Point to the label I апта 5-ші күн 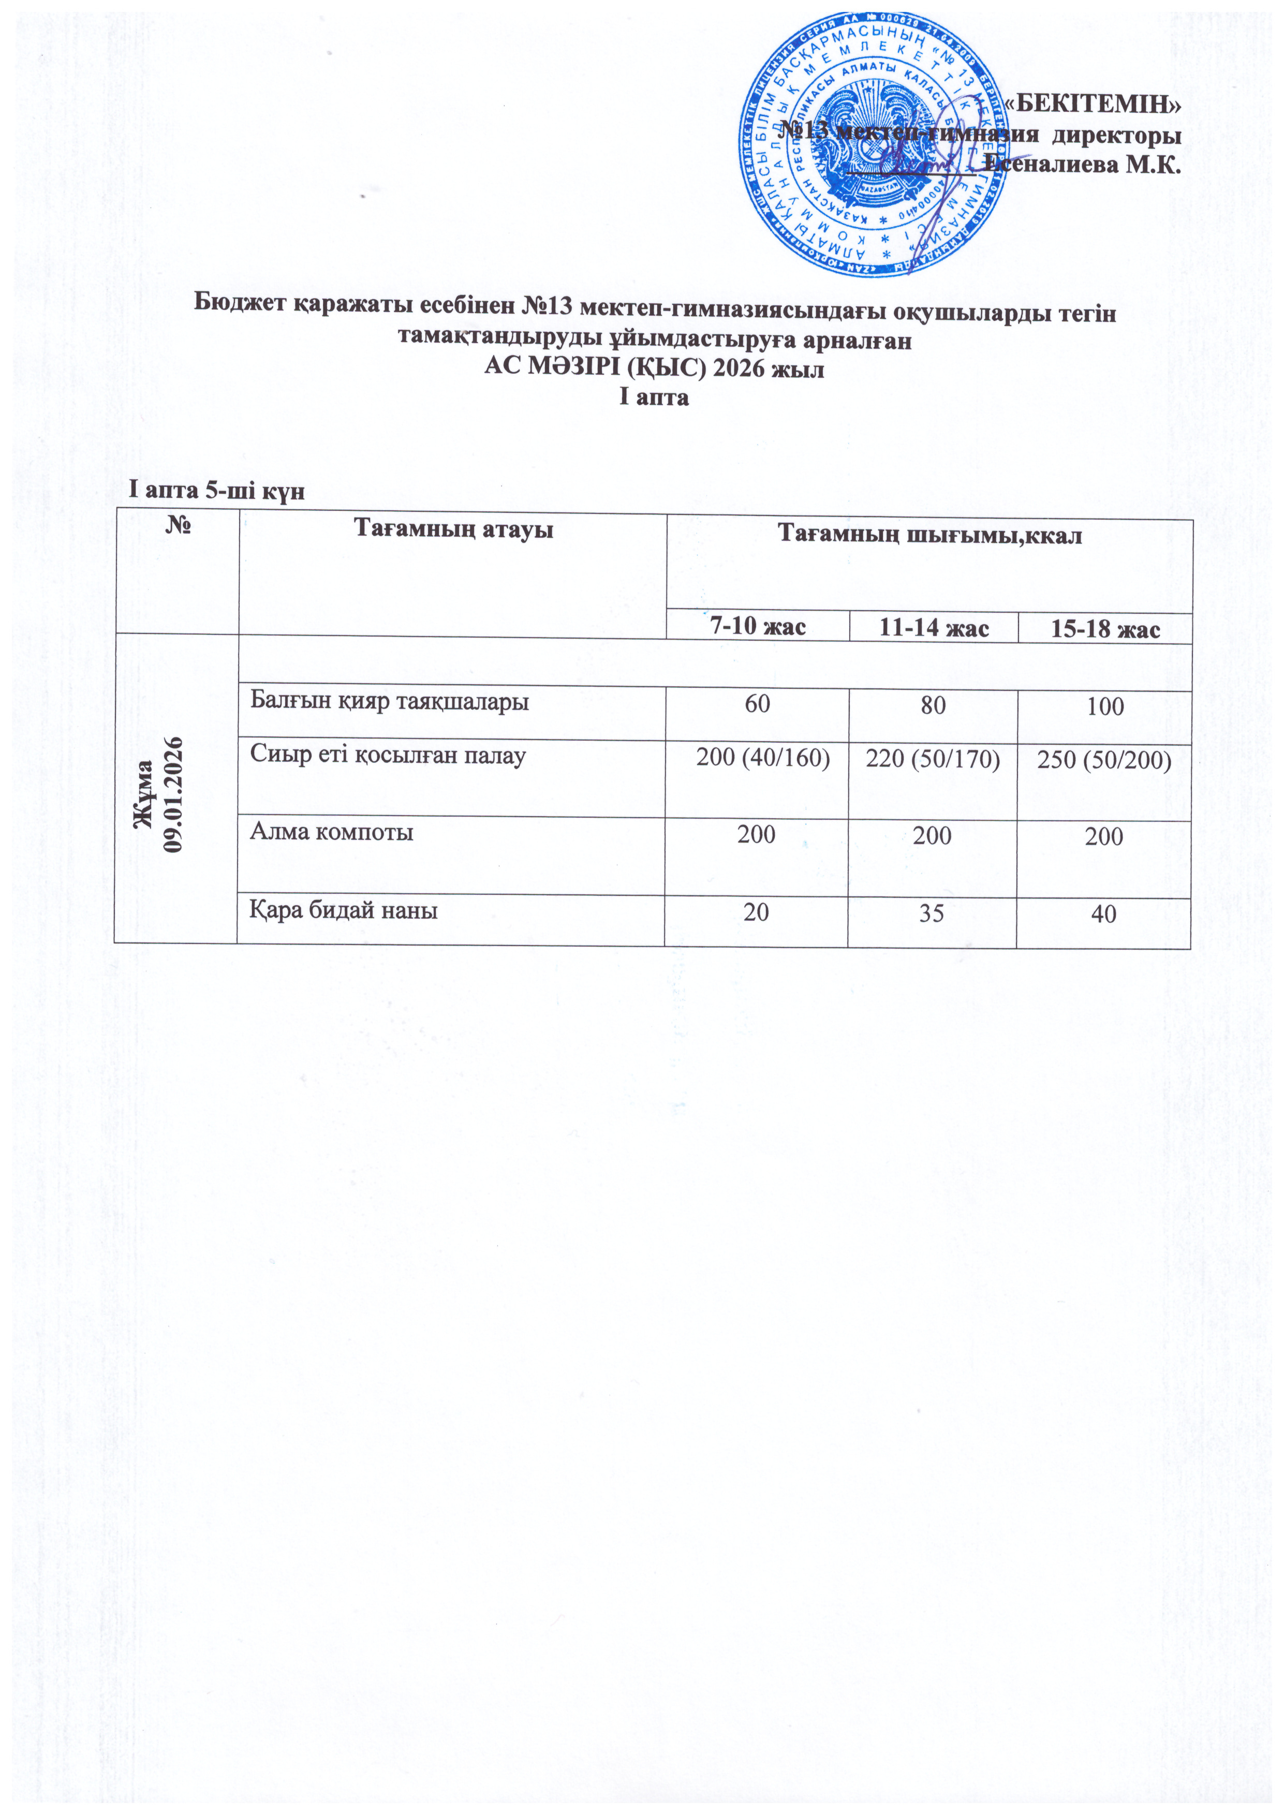[217, 491]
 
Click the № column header [176, 528]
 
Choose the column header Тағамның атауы [452, 528]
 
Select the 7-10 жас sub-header [758, 627]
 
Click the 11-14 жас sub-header [934, 628]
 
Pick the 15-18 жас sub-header [1104, 629]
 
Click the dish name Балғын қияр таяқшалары [389, 700]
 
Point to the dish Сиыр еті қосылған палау [388, 755]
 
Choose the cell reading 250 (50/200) [1104, 760]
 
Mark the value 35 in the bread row [932, 913]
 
